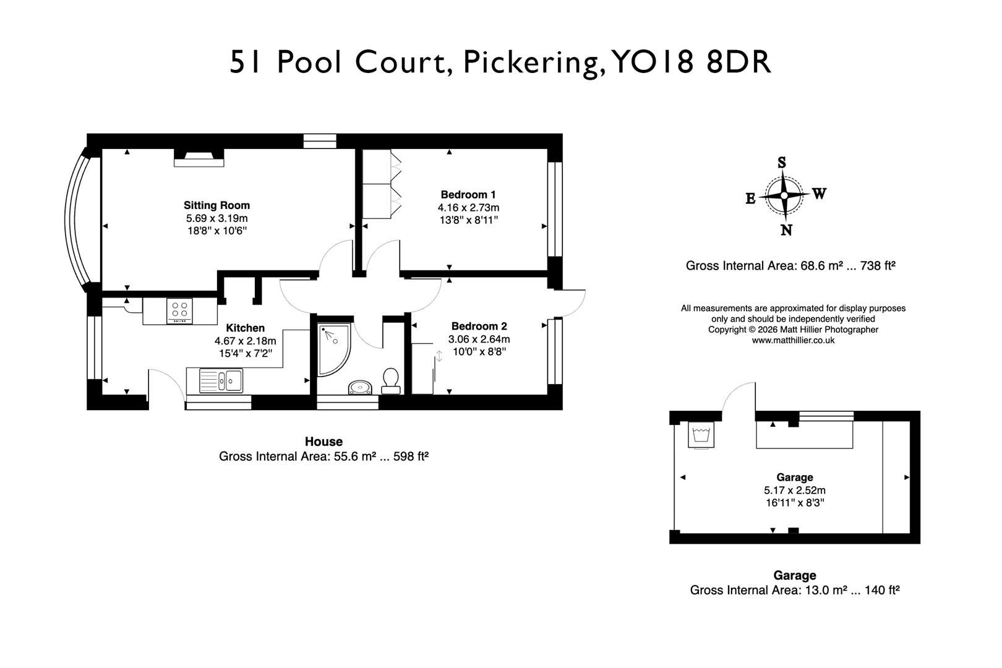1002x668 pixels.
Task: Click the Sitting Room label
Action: pos(216,205)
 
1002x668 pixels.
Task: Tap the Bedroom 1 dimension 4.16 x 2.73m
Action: pos(468,208)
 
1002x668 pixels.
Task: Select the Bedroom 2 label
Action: pos(479,326)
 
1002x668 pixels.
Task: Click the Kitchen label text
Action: pos(245,328)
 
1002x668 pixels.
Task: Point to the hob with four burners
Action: pos(180,311)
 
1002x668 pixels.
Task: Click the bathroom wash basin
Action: pos(359,388)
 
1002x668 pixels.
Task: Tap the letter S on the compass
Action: pos(782,163)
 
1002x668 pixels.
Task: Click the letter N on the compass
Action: pos(786,230)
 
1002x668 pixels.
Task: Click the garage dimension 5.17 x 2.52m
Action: pos(794,490)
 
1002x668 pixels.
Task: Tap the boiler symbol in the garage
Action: pos(701,434)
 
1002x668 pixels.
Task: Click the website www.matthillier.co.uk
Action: pos(793,340)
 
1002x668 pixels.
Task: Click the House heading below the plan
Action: pos(323,442)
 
